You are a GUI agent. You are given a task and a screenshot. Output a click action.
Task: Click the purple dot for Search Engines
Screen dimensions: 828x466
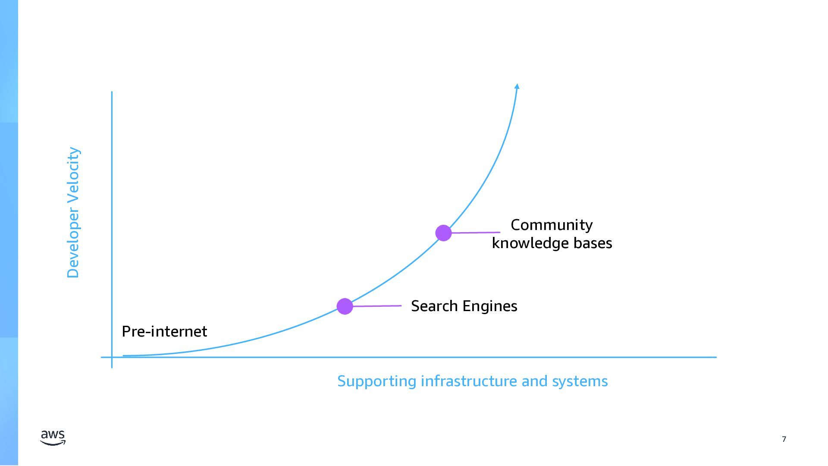coord(345,306)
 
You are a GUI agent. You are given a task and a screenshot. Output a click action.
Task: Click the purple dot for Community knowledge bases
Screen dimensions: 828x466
coord(443,233)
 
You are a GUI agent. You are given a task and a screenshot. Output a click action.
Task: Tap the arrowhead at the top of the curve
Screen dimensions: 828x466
coord(517,86)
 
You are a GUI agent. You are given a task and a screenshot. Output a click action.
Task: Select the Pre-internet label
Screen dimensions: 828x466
coord(164,331)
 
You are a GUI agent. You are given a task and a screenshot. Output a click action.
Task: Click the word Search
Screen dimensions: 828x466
coord(434,306)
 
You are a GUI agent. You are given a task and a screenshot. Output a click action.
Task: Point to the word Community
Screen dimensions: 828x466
coord(552,225)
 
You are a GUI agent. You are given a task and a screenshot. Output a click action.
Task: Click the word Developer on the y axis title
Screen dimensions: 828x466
coord(73,244)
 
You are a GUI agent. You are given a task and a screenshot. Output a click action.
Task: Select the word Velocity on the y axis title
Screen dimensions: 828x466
coord(73,175)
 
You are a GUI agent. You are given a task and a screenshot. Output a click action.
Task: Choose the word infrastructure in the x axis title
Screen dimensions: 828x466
coord(469,381)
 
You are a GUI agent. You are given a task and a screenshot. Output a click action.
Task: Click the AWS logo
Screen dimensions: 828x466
coord(53,438)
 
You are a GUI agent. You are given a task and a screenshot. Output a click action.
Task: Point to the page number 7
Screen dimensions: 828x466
coord(784,439)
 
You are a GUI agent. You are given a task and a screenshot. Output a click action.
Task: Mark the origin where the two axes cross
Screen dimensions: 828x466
coord(112,357)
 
